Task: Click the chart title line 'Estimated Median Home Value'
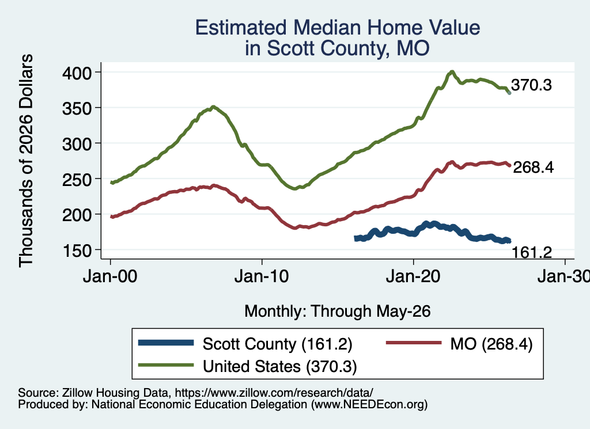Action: pos(338,28)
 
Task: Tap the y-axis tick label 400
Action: pos(77,73)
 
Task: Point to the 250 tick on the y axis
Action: pos(77,179)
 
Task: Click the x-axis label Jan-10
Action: pos(262,277)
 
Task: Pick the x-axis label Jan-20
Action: pos(413,277)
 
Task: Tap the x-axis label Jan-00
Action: pos(110,277)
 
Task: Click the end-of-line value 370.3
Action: pos(531,85)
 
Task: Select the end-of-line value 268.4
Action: pos(533,168)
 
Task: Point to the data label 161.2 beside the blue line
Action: pos(532,253)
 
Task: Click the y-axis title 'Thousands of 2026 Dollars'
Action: pos(26,161)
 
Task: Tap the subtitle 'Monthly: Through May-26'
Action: pos(338,312)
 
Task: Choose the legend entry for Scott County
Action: pos(277,344)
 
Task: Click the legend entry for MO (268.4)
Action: pos(491,344)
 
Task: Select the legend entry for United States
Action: pos(280,367)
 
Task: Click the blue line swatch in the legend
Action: pos(166,343)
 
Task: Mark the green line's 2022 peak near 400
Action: pos(452,72)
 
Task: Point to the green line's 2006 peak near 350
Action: pos(213,107)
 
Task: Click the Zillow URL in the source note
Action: pos(274,393)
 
